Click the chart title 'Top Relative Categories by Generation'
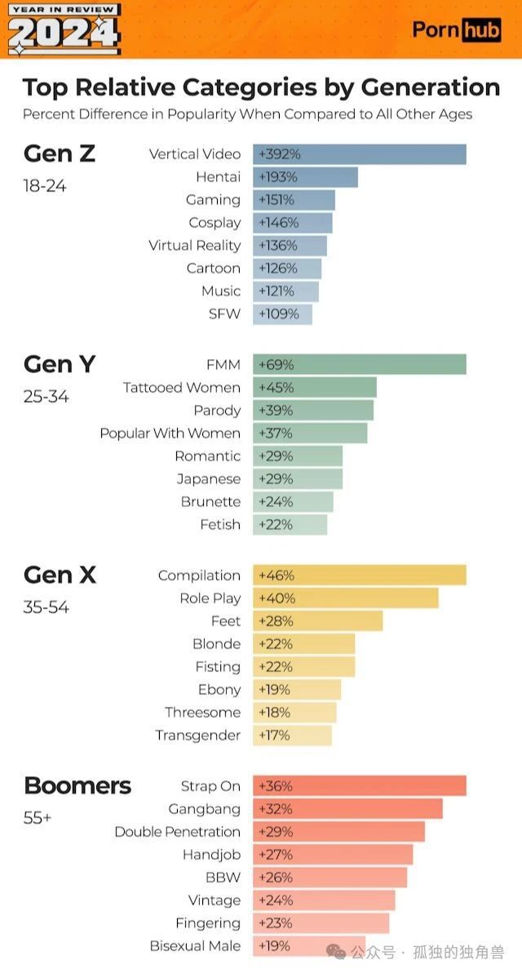coord(261,87)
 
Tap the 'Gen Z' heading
coord(60,153)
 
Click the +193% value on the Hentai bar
coord(277,177)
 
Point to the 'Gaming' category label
coord(214,200)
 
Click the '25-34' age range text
coord(46,397)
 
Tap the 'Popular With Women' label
coord(170,434)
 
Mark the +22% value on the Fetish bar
coord(275,525)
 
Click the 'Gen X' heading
coord(60,576)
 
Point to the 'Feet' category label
coord(226,621)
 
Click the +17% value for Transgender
coord(274,736)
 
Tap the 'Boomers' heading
coord(77,786)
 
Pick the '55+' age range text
coord(38,817)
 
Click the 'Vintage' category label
coord(215,901)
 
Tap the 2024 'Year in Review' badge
coord(64,29)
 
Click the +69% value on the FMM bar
coord(276,365)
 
